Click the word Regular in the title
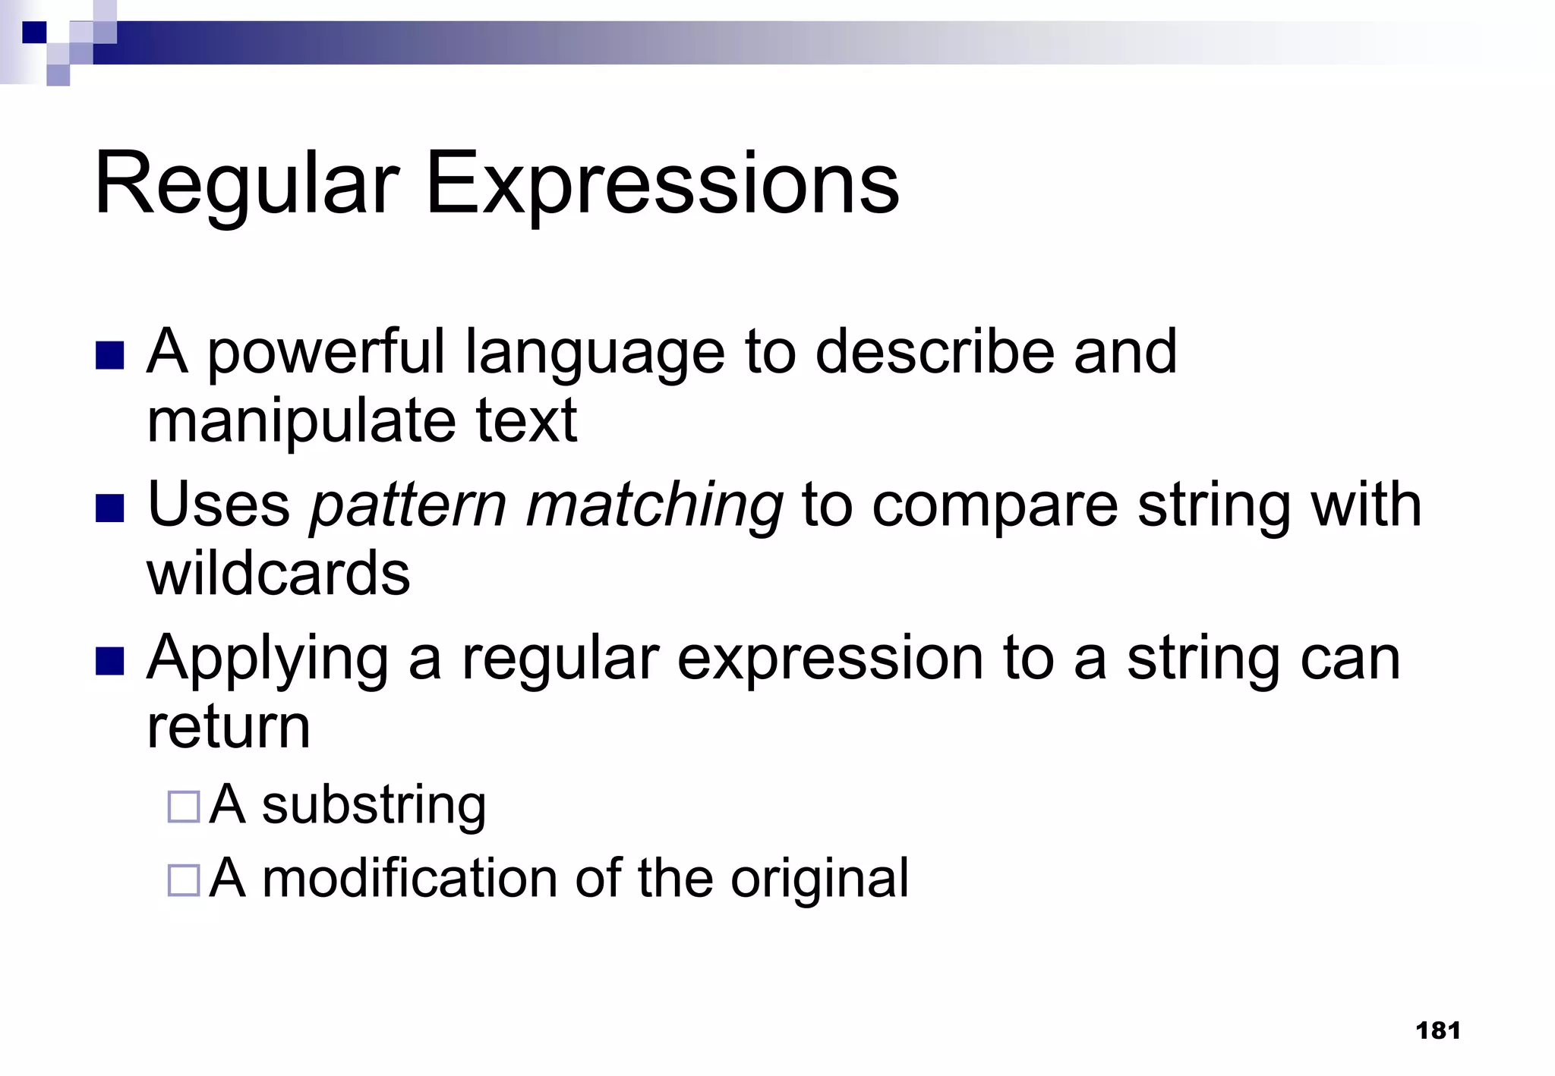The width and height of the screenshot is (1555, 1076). click(247, 184)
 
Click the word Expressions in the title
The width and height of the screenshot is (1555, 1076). click(661, 184)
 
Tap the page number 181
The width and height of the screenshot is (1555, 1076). click(1438, 1030)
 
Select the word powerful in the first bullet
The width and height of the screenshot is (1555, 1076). click(326, 353)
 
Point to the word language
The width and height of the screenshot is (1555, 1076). click(595, 353)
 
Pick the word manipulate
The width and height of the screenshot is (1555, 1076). click(301, 421)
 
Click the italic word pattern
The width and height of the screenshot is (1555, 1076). click(408, 506)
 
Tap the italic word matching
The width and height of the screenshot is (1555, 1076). click(654, 506)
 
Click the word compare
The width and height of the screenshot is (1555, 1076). click(995, 506)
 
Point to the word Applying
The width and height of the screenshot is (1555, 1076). click(267, 659)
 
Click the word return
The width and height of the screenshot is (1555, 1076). click(229, 726)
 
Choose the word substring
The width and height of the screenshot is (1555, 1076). click(374, 805)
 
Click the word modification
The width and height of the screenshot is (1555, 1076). click(410, 878)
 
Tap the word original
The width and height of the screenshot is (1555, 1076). click(819, 879)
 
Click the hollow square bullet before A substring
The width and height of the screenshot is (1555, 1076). click(183, 807)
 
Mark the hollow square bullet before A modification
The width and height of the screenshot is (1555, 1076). click(183, 880)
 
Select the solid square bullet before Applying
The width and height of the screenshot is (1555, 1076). click(110, 661)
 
